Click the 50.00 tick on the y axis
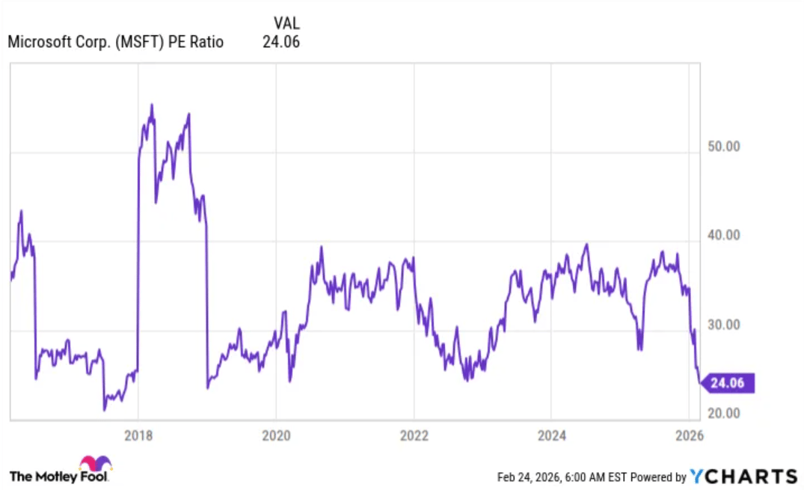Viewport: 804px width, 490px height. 723,147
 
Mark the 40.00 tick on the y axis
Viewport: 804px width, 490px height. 723,236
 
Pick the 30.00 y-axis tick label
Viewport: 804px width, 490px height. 723,325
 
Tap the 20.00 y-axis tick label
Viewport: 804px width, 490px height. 723,414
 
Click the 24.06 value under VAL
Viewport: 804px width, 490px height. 281,43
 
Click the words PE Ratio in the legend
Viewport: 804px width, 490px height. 196,43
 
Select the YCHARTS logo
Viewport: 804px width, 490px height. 743,477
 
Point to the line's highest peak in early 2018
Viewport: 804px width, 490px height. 152,105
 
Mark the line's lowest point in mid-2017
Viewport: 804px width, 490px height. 105,409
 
